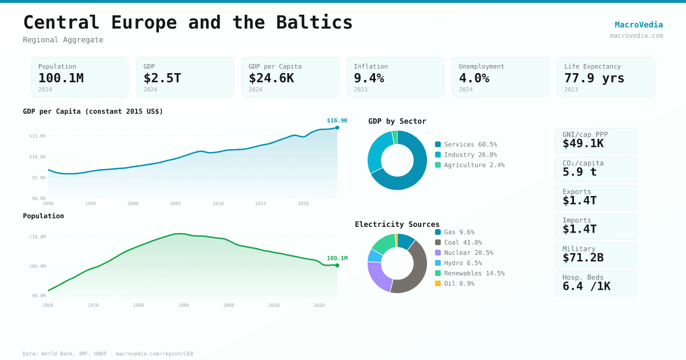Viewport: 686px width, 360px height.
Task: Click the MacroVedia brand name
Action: point(639,25)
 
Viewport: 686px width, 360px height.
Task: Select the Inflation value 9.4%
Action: point(369,78)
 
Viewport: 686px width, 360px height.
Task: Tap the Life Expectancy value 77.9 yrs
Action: point(594,78)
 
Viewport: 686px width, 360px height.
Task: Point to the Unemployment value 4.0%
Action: point(474,78)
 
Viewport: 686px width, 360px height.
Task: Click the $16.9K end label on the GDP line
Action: point(337,121)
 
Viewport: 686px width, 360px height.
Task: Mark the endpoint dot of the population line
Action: point(337,265)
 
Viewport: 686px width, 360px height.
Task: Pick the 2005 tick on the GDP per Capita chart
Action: point(176,203)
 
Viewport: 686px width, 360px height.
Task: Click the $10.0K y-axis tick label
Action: point(37,157)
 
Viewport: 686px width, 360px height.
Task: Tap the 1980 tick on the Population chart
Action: point(138,305)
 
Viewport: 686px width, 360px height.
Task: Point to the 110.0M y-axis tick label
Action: point(37,237)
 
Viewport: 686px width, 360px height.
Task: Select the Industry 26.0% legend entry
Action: point(470,155)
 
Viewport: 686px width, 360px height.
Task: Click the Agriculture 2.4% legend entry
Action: point(474,165)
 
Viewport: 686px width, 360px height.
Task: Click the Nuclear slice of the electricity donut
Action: point(377,277)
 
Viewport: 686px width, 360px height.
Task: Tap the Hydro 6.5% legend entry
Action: point(462,263)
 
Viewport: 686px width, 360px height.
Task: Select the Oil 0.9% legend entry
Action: point(458,284)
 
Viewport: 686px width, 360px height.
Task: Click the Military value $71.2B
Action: point(583,258)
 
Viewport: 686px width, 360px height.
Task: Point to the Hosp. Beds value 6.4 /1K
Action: point(586,286)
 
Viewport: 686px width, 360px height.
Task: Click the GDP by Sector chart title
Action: point(397,121)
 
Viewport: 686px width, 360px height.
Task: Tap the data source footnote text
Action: point(108,354)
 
